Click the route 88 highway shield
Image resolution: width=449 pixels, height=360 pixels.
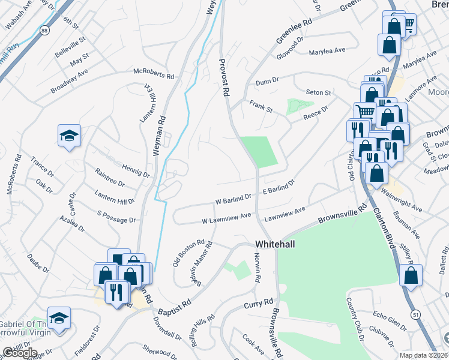coord(44,30)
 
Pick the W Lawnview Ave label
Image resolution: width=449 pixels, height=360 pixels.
coord(226,220)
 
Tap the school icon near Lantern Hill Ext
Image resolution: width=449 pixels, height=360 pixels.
coord(69,136)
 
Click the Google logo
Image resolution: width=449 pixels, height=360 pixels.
coord(19,352)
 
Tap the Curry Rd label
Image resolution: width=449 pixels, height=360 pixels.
coord(259,304)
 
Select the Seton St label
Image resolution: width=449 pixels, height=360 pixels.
coord(318,92)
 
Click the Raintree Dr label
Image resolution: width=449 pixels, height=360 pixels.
coord(110,178)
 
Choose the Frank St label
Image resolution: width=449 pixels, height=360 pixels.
coord(261,107)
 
